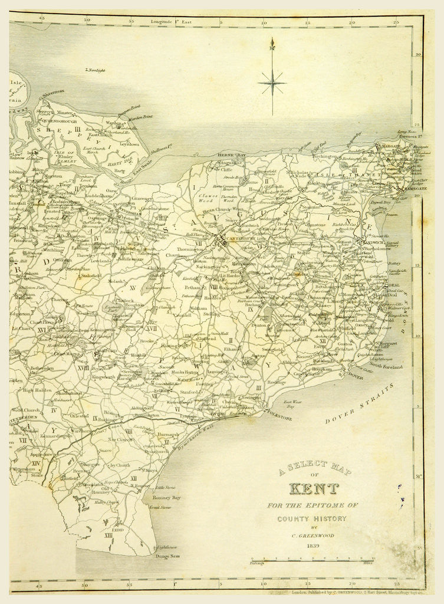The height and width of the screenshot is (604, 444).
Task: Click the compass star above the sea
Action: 272,83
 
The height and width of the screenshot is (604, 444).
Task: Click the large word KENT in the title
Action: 313,489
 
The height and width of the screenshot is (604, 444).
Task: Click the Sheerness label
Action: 52,93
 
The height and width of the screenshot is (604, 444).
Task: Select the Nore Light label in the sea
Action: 96,70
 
